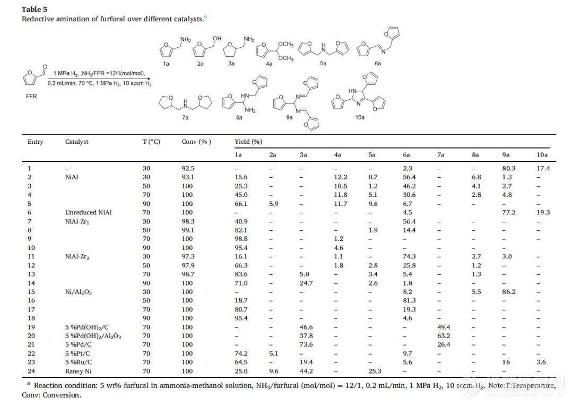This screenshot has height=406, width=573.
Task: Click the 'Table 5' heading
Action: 34,9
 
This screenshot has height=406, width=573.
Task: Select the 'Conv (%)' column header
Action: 196,142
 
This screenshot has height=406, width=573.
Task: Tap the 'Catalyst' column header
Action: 77,142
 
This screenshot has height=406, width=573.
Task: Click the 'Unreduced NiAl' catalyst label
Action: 89,212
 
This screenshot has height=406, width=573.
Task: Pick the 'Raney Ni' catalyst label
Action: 78,372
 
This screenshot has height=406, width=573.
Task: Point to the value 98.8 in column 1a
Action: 241,239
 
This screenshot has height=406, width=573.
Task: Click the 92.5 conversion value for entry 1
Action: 188,168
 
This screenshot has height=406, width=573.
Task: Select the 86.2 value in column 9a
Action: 509,291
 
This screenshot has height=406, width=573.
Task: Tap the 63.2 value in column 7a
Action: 444,336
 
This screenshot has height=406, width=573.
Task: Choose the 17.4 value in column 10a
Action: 543,168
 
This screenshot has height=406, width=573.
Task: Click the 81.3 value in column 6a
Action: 409,300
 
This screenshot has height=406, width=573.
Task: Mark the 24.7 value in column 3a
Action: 306,283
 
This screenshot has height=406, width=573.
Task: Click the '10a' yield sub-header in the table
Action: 542,155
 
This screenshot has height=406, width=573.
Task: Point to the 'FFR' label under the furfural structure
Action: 31,97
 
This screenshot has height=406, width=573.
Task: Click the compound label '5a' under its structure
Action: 323,63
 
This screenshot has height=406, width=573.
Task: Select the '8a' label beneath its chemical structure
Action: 239,117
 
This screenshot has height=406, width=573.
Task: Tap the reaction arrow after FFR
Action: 99,79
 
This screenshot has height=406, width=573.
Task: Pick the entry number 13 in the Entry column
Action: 31,274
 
